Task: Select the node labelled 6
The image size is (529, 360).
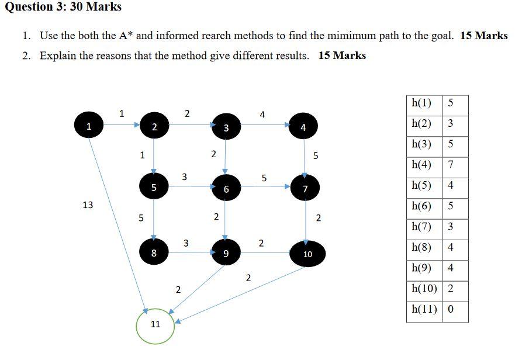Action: click(226, 188)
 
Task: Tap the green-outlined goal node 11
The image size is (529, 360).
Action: click(155, 324)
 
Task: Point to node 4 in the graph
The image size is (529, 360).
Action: click(303, 127)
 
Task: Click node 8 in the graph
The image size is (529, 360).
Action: click(154, 253)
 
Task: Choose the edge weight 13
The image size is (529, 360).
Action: click(88, 205)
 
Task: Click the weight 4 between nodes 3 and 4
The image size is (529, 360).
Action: click(262, 115)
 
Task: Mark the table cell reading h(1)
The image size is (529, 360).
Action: click(422, 103)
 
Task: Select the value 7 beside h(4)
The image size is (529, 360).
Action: click(451, 165)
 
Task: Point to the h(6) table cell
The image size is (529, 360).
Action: click(422, 206)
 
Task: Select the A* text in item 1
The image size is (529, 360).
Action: click(126, 36)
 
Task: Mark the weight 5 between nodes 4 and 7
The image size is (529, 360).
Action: click(316, 155)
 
